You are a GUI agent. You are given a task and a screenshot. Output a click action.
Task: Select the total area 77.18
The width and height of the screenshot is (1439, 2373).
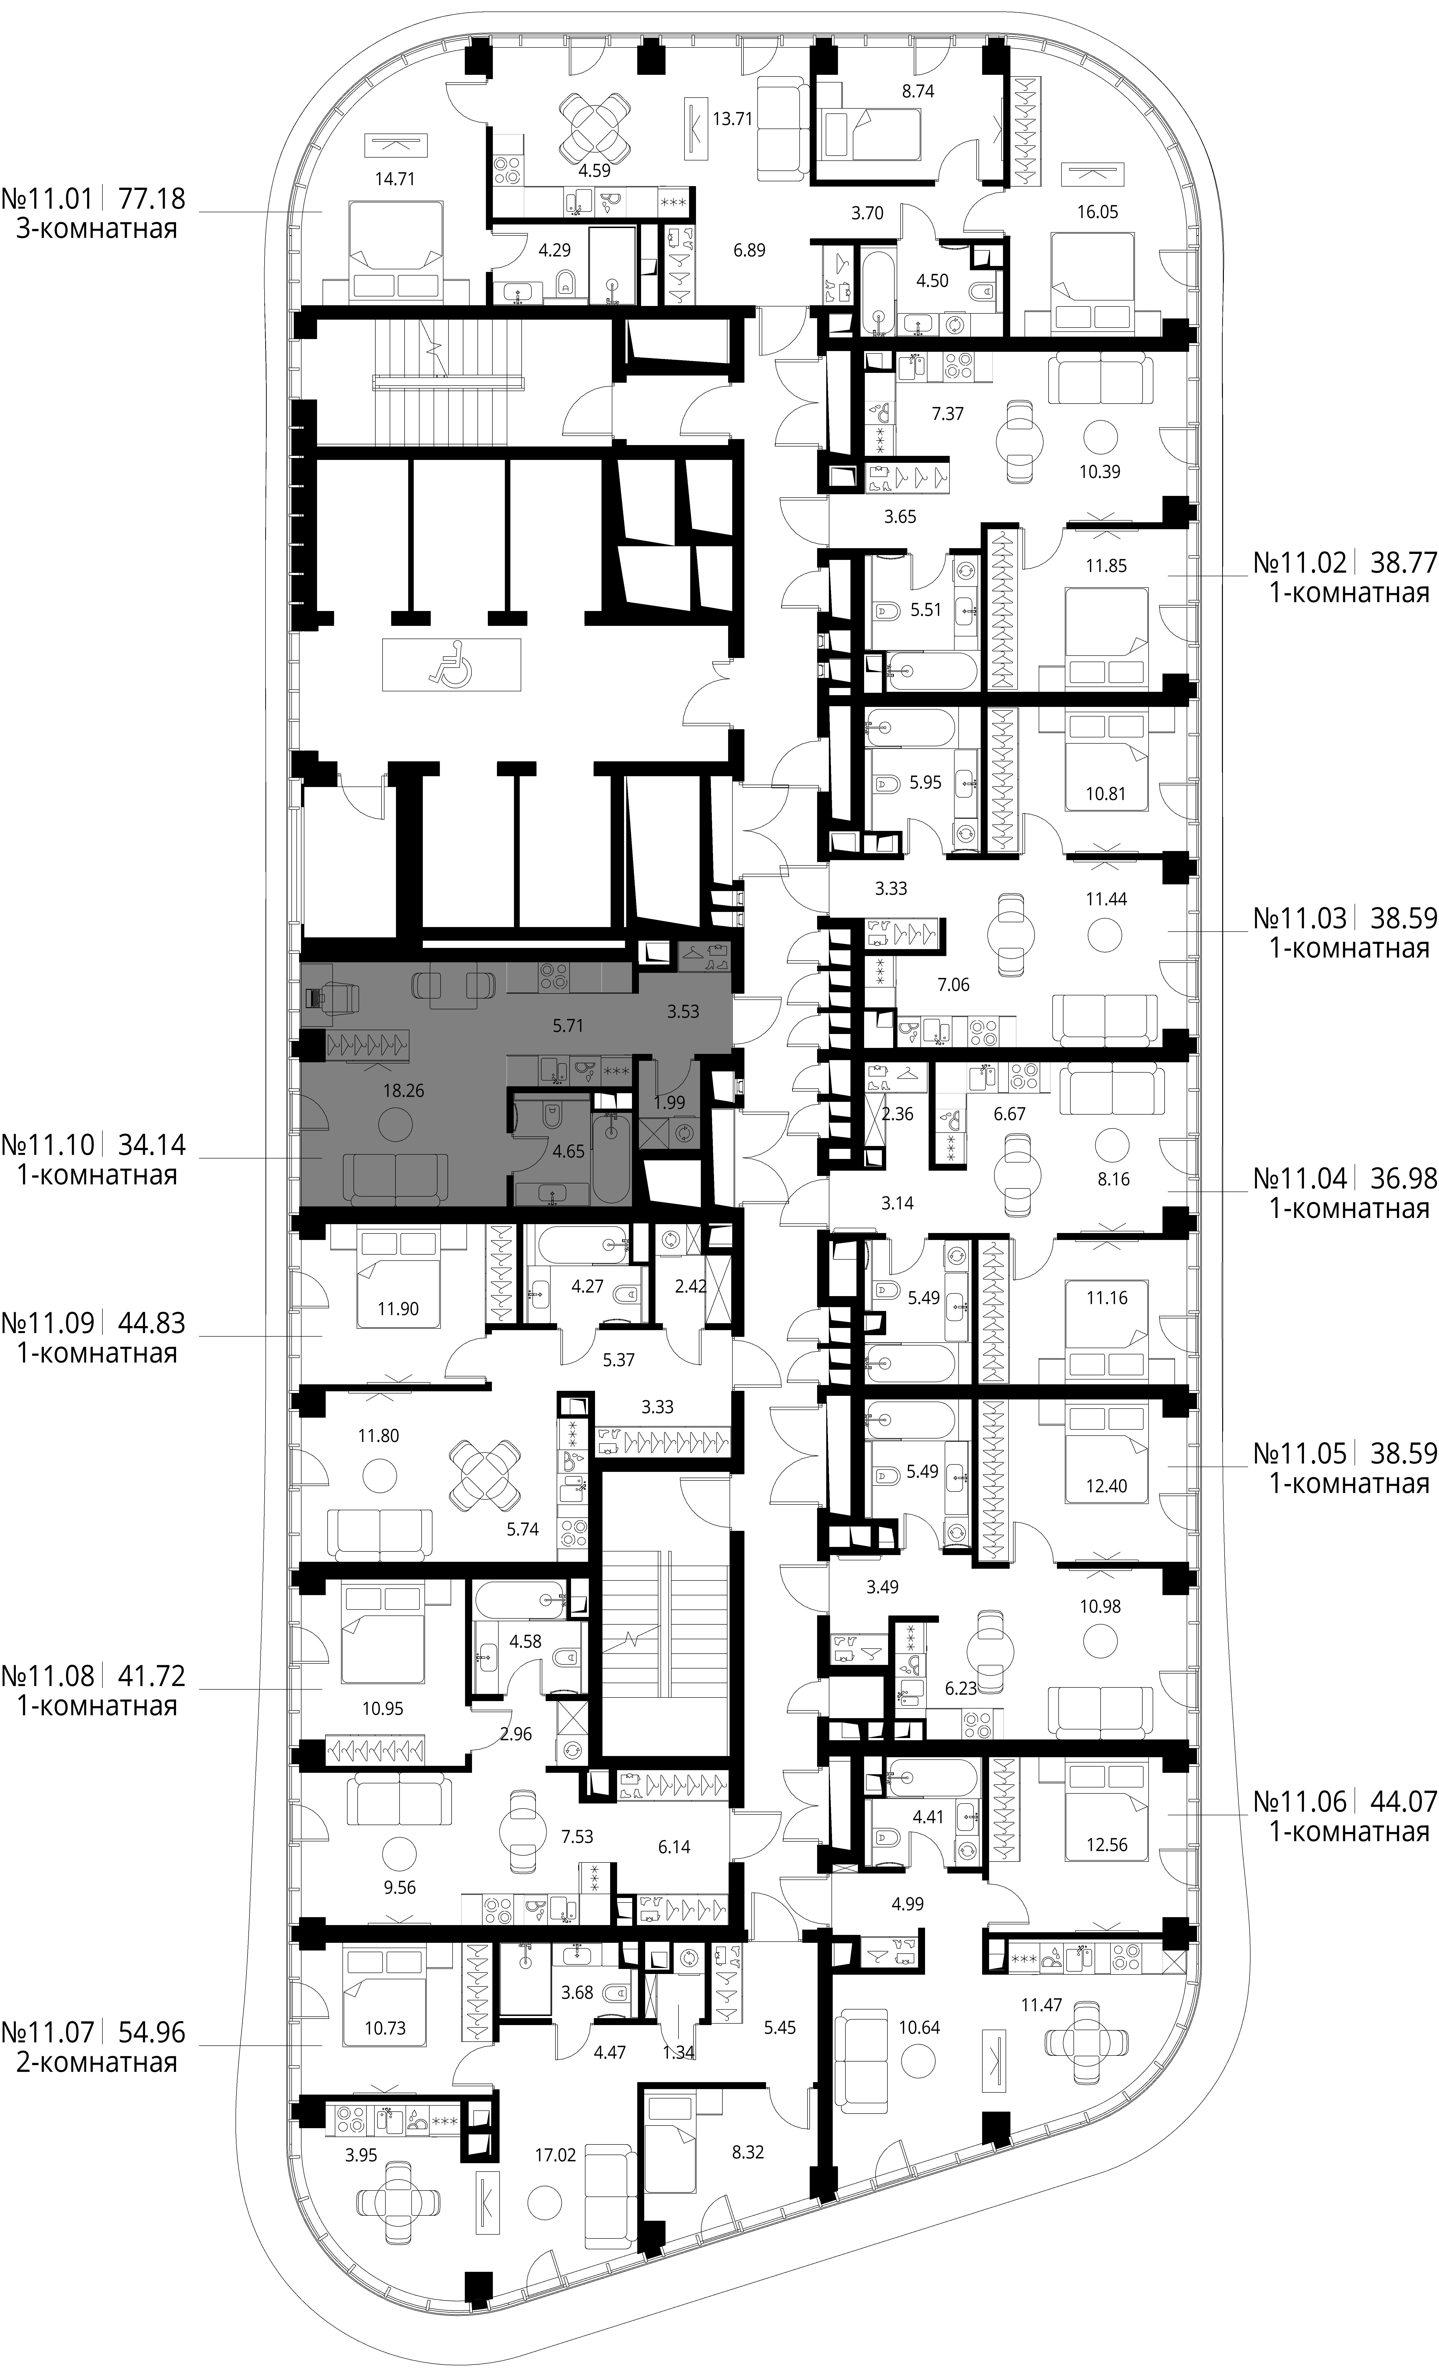click(x=151, y=199)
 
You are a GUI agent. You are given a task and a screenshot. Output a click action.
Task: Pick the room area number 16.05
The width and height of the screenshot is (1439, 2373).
click(x=1097, y=212)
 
